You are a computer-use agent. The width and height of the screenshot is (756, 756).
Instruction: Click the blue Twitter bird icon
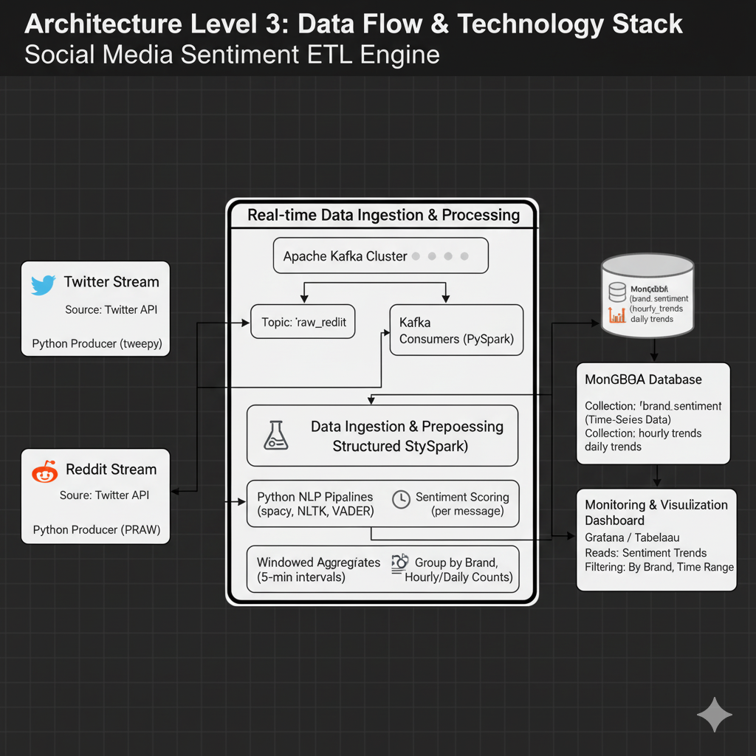tap(44, 284)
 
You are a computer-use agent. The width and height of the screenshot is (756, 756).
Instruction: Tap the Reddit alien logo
tap(45, 471)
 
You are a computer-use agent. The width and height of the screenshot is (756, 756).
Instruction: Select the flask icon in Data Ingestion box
tap(275, 436)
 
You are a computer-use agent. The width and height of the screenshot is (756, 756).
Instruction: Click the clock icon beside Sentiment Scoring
tap(401, 498)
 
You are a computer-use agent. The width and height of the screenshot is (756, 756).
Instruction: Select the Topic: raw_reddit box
tap(303, 322)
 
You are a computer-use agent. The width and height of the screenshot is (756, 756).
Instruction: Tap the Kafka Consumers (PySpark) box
tap(456, 330)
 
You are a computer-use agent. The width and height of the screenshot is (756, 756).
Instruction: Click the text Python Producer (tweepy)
tap(97, 343)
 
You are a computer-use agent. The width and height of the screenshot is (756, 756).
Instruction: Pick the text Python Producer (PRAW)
tap(97, 529)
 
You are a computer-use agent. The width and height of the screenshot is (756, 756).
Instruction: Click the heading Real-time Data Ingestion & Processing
tap(383, 215)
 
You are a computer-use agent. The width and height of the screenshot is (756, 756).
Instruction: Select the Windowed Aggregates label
tap(318, 563)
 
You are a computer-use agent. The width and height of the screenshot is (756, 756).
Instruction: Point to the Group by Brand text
tap(456, 563)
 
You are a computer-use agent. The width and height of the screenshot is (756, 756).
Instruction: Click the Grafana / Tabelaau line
tap(632, 537)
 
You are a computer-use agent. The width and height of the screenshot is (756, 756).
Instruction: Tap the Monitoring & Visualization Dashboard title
tap(656, 512)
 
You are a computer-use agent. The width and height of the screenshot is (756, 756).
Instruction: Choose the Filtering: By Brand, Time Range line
tap(659, 567)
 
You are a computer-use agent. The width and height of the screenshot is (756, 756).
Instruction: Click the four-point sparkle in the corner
tap(714, 715)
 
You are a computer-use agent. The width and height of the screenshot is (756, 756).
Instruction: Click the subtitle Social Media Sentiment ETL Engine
tap(232, 55)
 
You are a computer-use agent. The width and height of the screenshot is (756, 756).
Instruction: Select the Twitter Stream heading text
tap(111, 281)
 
